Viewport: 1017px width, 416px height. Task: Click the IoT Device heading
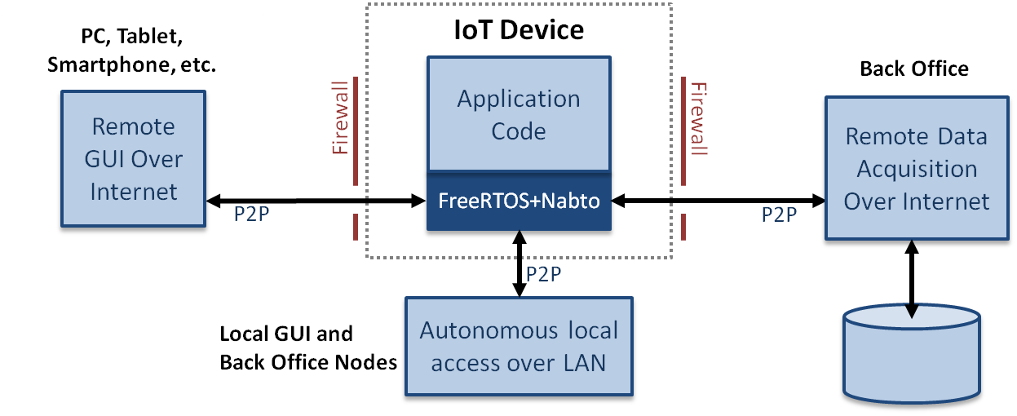[519, 30]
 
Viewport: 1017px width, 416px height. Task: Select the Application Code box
[519, 115]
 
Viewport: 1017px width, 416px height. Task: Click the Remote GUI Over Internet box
[133, 159]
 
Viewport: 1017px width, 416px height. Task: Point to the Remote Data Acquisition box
[916, 169]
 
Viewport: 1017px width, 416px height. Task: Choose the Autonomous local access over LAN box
[519, 347]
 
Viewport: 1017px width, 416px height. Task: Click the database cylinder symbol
[910, 355]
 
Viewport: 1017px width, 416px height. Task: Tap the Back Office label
[914, 69]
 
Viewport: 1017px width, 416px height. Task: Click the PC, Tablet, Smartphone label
[131, 51]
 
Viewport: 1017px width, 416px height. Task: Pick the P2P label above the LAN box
[543, 274]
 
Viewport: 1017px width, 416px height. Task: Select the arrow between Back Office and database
[910, 281]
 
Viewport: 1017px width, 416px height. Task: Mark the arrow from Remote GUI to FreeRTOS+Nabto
[314, 201]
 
